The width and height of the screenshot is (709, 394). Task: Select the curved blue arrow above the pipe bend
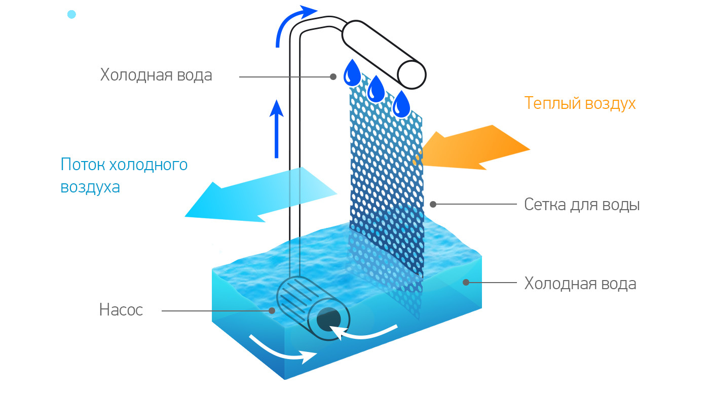point(291,23)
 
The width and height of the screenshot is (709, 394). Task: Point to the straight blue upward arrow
point(276,129)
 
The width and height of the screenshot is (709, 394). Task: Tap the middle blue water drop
point(376,90)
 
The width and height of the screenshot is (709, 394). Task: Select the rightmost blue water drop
point(402,105)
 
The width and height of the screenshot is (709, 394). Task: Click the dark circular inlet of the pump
point(329,320)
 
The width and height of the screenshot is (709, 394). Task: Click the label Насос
point(121,310)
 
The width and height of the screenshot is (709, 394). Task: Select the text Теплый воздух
point(580,103)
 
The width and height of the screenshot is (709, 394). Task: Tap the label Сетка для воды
point(582,205)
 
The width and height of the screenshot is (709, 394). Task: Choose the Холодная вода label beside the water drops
point(156,75)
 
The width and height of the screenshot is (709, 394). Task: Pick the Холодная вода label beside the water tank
point(580,283)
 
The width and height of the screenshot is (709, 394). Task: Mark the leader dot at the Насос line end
point(272,310)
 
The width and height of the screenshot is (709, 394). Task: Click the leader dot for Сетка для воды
point(433,204)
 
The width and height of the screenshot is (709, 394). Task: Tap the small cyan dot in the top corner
point(71,15)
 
